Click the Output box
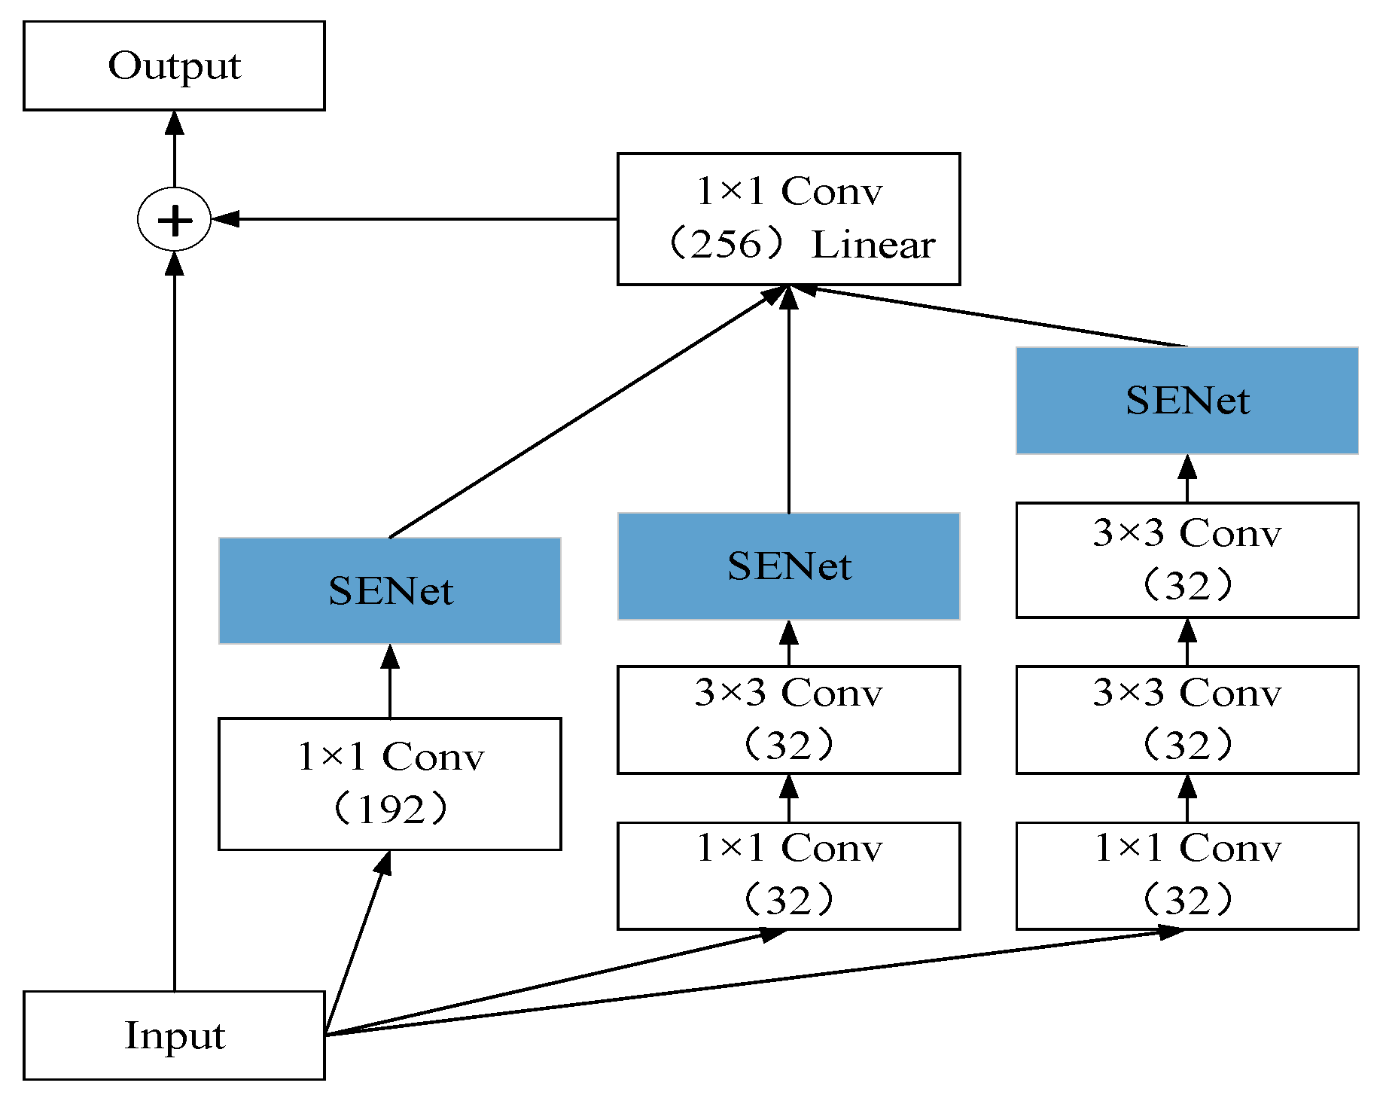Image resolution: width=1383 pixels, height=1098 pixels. click(x=174, y=66)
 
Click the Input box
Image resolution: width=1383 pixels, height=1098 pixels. click(x=174, y=1035)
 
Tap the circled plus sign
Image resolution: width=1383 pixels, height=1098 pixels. click(x=174, y=220)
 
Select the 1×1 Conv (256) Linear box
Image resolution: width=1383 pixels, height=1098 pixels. click(x=788, y=219)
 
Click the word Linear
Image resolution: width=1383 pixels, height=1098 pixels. click(x=873, y=246)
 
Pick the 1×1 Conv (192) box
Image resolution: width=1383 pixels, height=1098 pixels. click(x=389, y=783)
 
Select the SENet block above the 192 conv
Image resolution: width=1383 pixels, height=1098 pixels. click(x=389, y=590)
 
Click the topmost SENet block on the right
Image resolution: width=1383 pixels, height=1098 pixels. click(x=1187, y=401)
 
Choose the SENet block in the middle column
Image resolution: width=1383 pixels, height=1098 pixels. click(x=788, y=566)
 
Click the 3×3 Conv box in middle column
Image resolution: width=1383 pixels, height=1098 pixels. click(x=788, y=719)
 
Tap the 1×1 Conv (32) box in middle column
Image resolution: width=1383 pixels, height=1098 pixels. click(x=788, y=875)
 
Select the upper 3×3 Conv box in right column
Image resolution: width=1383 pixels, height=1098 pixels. click(x=1187, y=560)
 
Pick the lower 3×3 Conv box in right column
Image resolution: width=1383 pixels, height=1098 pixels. click(x=1187, y=719)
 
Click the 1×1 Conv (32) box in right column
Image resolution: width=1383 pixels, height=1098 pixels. click(x=1187, y=875)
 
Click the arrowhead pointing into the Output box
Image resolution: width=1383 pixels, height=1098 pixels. click(x=175, y=123)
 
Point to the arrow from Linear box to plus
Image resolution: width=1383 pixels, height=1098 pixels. click(x=414, y=219)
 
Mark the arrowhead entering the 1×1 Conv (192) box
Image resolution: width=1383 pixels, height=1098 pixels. click(x=385, y=862)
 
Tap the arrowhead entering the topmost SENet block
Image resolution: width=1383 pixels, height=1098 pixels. click(x=1187, y=467)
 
